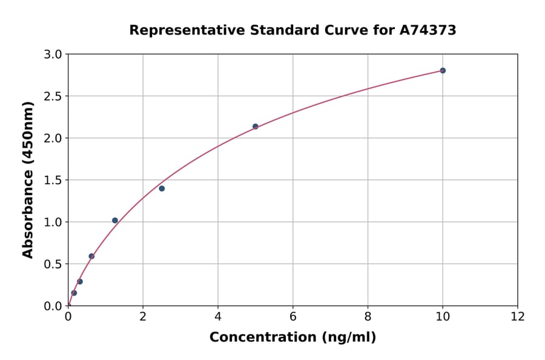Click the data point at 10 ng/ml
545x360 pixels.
click(x=443, y=70)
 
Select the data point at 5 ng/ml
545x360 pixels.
click(x=255, y=127)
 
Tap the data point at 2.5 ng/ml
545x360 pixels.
click(x=162, y=188)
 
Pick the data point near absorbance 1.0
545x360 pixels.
click(x=115, y=221)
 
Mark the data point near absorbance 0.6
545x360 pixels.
click(x=91, y=256)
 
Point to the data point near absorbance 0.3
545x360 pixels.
click(x=80, y=282)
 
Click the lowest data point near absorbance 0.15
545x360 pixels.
click(x=74, y=293)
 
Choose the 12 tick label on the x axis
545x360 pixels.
click(x=518, y=316)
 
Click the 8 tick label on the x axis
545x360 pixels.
click(x=368, y=316)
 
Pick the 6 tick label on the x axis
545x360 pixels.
click(x=292, y=316)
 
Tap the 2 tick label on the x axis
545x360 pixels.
click(x=143, y=316)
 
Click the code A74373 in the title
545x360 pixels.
click(x=428, y=30)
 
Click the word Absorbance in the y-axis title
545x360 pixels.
click(x=28, y=206)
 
